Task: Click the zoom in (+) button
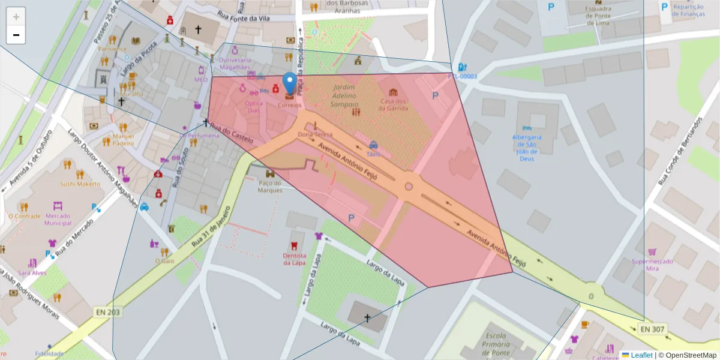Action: pyautogui.click(x=16, y=17)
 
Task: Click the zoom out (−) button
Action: pyautogui.click(x=16, y=35)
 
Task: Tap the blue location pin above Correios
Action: pyautogui.click(x=290, y=83)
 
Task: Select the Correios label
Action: pyautogui.click(x=290, y=105)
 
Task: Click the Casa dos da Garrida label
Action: pyautogui.click(x=394, y=104)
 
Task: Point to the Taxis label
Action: pyautogui.click(x=374, y=154)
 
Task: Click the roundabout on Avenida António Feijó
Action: pyautogui.click(x=409, y=187)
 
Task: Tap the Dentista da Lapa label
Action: pyautogui.click(x=295, y=259)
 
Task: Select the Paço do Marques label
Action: pyautogui.click(x=270, y=187)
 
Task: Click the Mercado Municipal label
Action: pyautogui.click(x=58, y=220)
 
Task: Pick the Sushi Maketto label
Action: pyautogui.click(x=80, y=184)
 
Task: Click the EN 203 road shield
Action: pyautogui.click(x=107, y=312)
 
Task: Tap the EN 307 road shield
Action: pyautogui.click(x=652, y=329)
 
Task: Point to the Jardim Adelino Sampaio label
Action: pyautogui.click(x=344, y=95)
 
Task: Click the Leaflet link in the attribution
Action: pyautogui.click(x=641, y=355)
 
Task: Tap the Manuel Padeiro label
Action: pyautogui.click(x=123, y=140)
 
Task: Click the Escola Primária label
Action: pyautogui.click(x=497, y=344)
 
